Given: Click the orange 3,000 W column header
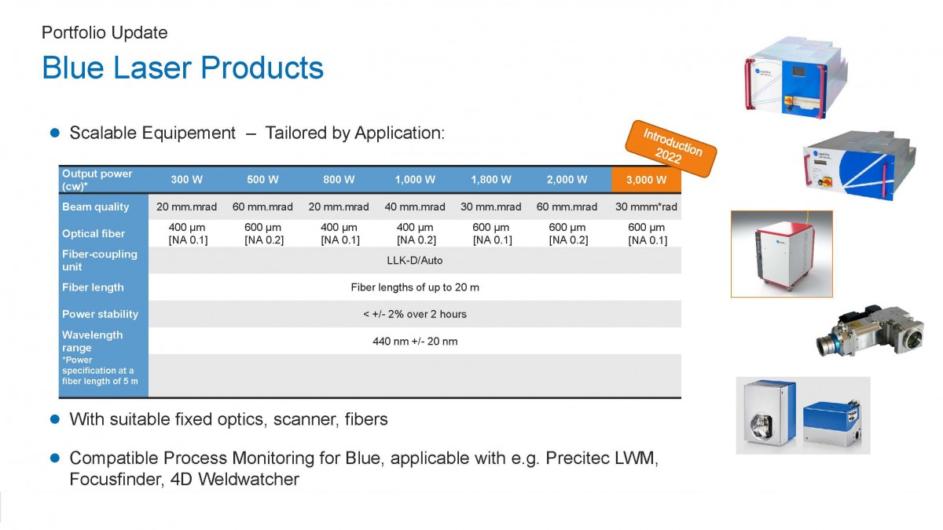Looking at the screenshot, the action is [x=646, y=180].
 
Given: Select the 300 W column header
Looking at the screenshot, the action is [x=186, y=180].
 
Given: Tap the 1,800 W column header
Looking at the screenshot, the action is [x=491, y=180].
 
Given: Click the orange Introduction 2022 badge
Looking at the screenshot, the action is [x=671, y=149].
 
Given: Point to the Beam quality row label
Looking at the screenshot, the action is [x=96, y=207].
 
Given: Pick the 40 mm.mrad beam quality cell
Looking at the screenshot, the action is [x=415, y=207].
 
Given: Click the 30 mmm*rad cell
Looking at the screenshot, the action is [x=646, y=207].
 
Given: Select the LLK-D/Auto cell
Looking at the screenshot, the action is [x=415, y=261].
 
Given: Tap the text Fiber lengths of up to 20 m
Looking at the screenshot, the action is [x=415, y=287].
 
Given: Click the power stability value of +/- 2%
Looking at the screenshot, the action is [x=415, y=314].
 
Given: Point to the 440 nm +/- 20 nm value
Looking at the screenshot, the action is [x=415, y=341].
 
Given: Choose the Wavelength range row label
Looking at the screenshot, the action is [x=93, y=341].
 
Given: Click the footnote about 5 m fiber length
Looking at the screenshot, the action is [x=100, y=371].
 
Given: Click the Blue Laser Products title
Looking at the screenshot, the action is [x=182, y=68].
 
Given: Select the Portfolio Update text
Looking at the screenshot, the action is [x=105, y=32].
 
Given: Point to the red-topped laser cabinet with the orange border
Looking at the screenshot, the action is [x=782, y=254].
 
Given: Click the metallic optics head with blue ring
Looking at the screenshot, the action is [x=869, y=332].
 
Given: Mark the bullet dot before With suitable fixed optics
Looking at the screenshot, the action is [x=55, y=419].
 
